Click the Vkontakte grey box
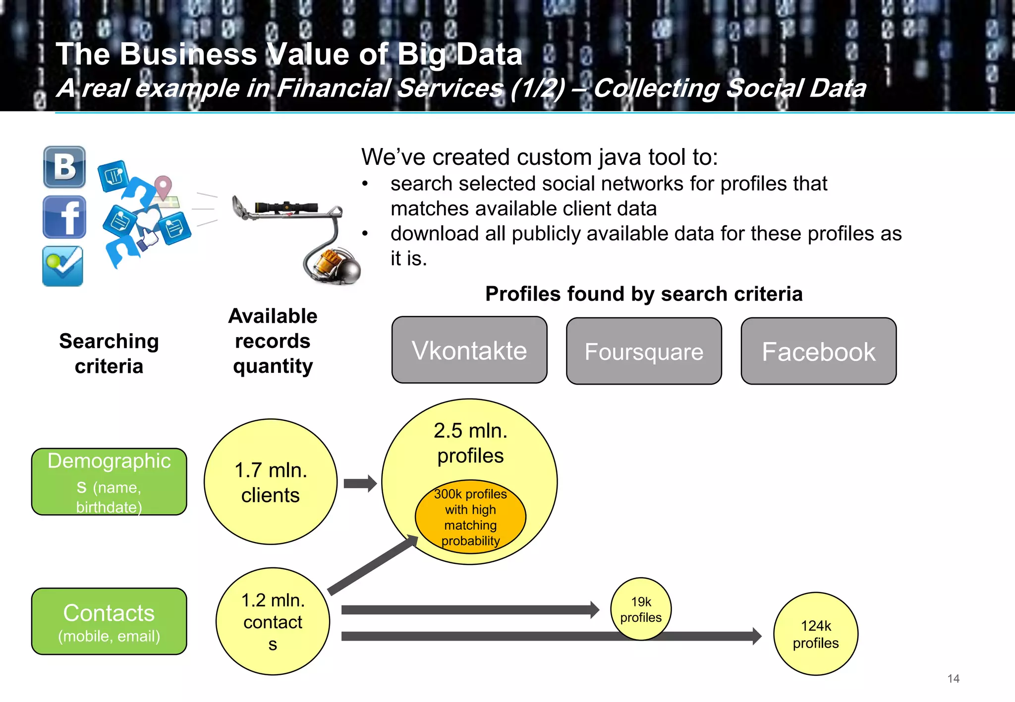pos(469,350)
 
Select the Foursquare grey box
pos(644,351)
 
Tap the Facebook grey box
pos(818,351)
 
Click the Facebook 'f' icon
pos(64,217)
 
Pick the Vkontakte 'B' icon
pos(64,167)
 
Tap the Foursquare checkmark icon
pos(63,266)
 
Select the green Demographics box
pos(109,482)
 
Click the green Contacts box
pos(109,621)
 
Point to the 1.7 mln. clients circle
pos(271,482)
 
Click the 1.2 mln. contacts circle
pos(273,621)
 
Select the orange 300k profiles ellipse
pos(470,516)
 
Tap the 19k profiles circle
pos(641,609)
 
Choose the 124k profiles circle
pos(816,634)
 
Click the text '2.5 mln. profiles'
pos(470,443)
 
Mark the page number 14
pos(953,679)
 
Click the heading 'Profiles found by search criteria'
pos(643,294)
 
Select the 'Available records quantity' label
pos(273,341)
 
